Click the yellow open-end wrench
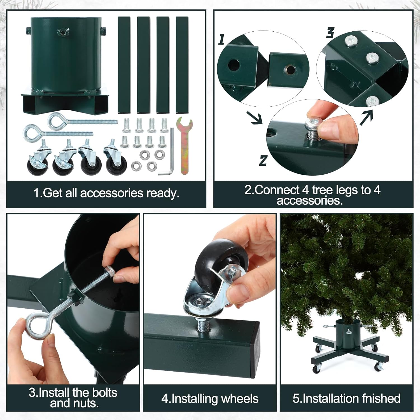184,146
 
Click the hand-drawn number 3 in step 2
330,33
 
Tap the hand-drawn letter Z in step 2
263,161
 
